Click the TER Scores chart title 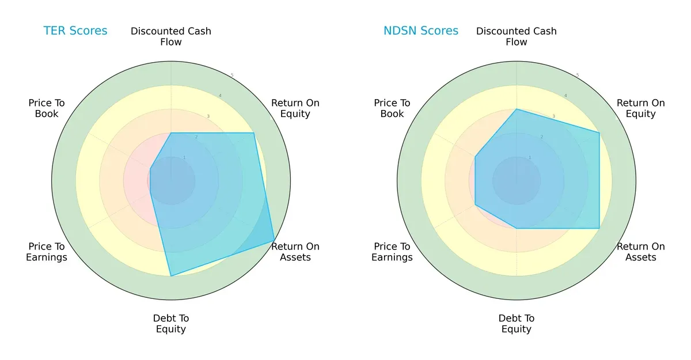[x=75, y=31]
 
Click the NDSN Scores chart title [x=421, y=31]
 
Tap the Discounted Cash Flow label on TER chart [x=171, y=36]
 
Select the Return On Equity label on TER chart [x=295, y=108]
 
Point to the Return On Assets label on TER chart [x=295, y=252]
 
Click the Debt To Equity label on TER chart [x=171, y=324]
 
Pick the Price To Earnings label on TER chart [x=47, y=252]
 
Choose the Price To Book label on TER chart [x=47, y=108]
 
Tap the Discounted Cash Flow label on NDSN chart [x=517, y=36]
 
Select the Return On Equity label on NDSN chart [x=640, y=108]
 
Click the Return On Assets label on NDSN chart [x=640, y=252]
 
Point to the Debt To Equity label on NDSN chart [x=517, y=324]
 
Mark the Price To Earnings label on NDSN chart [x=392, y=252]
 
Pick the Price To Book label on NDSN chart [x=392, y=108]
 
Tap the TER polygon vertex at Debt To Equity [x=171, y=276]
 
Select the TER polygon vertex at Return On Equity [x=254, y=133]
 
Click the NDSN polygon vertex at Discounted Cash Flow [x=517, y=109]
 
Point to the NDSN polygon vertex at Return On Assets [x=599, y=228]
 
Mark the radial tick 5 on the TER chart [x=232, y=75]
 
